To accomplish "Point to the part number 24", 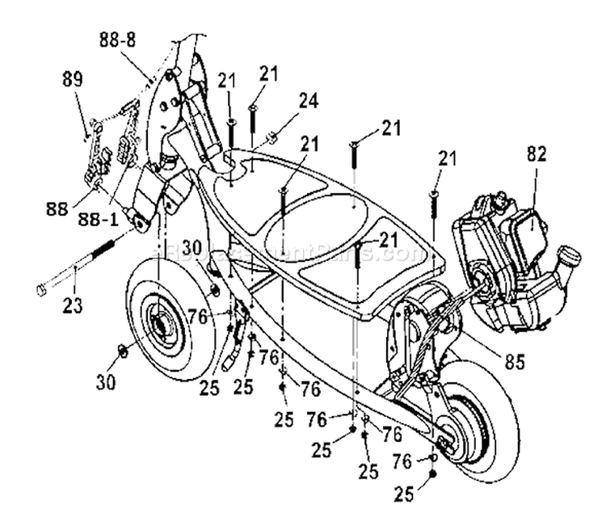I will [x=286, y=101].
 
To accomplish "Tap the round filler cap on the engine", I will [x=570, y=258].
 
